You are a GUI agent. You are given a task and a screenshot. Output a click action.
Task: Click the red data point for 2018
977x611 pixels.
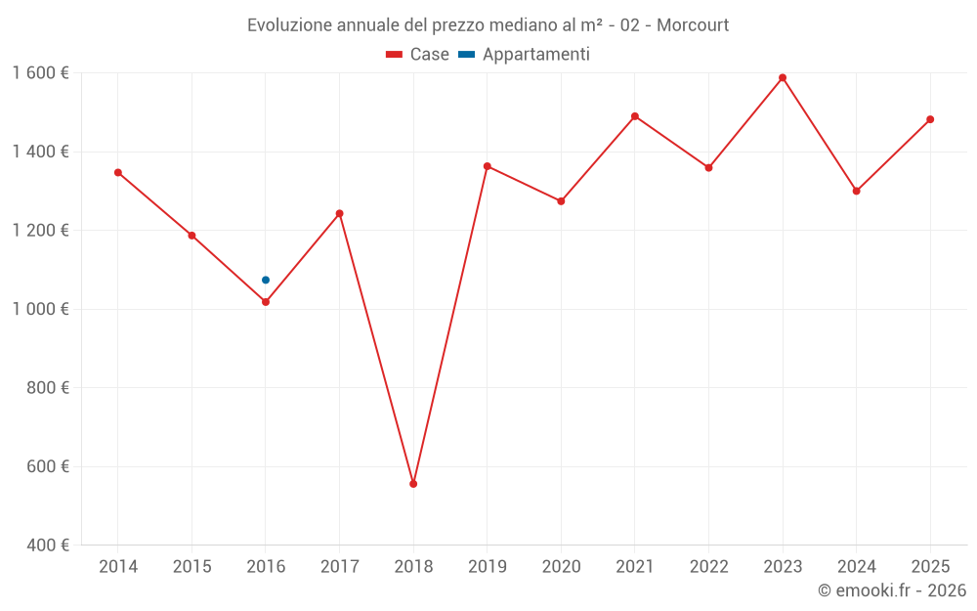click(413, 484)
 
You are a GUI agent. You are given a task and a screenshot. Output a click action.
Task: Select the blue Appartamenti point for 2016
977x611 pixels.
click(266, 281)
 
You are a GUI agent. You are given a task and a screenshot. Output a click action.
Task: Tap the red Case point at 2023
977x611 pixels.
click(783, 78)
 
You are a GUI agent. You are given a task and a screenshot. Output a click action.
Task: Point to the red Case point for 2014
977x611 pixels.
click(118, 173)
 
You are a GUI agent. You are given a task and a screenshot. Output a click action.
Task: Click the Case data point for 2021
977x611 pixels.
click(635, 116)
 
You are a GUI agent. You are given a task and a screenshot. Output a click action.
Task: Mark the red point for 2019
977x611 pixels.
click(488, 166)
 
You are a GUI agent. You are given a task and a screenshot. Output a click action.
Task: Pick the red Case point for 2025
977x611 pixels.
click(930, 119)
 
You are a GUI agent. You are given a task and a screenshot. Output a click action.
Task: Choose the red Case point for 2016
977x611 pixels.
click(266, 302)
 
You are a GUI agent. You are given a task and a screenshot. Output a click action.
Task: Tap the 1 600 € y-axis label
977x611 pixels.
click(40, 73)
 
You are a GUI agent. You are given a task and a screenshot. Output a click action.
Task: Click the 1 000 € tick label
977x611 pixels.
click(40, 309)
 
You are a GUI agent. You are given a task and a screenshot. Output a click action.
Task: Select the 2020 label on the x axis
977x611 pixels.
click(561, 567)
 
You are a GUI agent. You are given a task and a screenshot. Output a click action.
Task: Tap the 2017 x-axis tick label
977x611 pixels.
click(339, 567)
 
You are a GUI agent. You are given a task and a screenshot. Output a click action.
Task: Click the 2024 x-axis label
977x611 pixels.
click(856, 567)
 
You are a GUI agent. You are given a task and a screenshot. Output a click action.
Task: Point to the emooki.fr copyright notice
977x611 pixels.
click(891, 590)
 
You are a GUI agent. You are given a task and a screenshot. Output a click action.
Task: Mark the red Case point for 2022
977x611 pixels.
click(709, 168)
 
